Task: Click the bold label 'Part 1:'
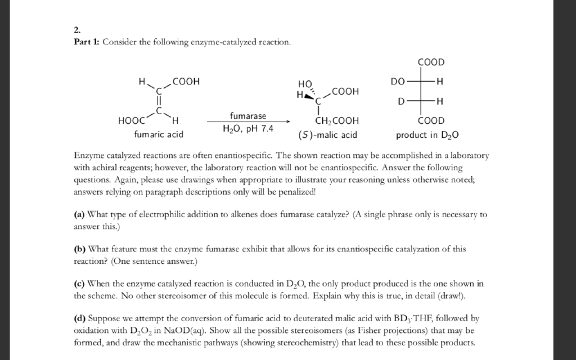tap(87, 43)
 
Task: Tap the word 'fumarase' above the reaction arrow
tap(247, 115)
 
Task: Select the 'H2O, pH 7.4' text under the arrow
tap(248, 129)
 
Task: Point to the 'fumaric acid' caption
tap(159, 134)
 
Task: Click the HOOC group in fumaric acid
tap(130, 120)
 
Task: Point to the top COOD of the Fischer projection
tap(431, 62)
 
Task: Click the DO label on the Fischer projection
tap(398, 82)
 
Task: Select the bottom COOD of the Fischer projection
tap(431, 120)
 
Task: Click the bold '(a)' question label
tap(79, 214)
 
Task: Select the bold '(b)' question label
tap(79, 249)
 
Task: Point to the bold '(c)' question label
tap(79, 283)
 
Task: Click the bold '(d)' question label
tap(79, 318)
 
